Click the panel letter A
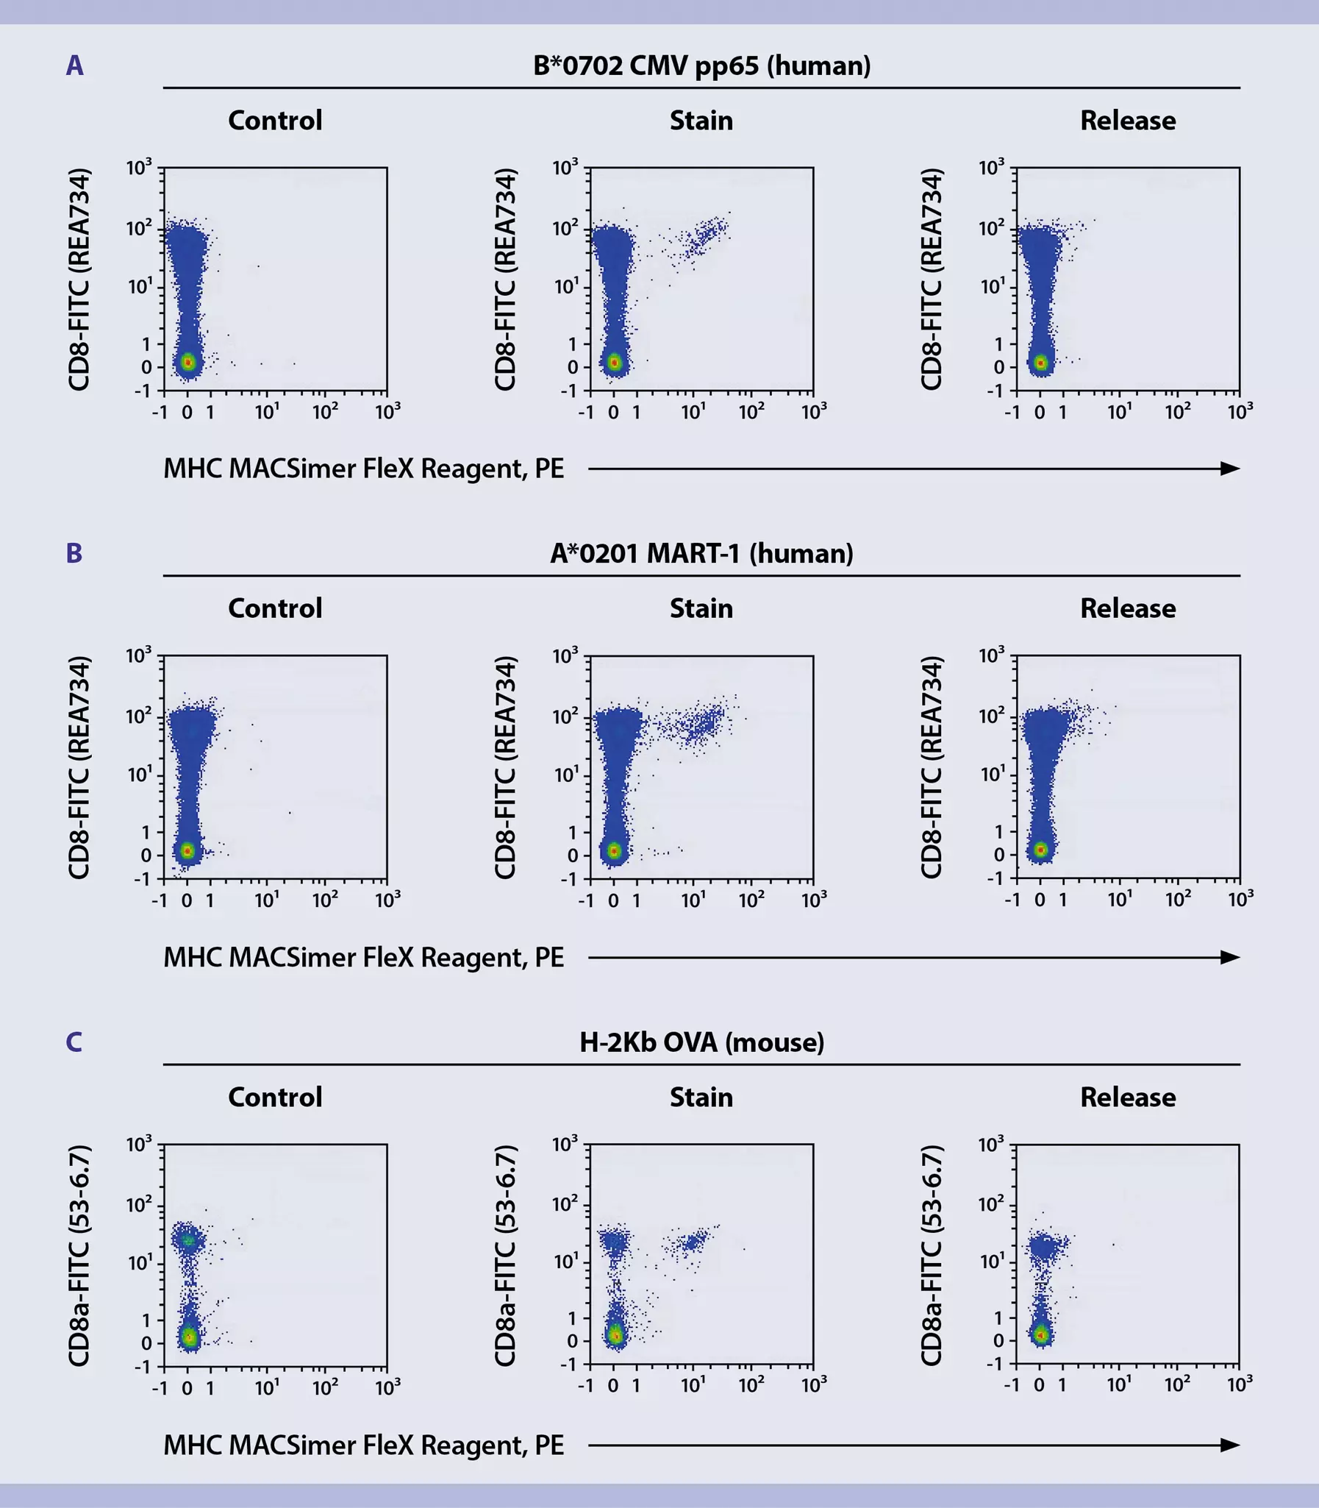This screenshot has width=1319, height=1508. click(74, 65)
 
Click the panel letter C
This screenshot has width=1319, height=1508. click(74, 1042)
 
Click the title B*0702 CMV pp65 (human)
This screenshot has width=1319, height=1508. click(701, 65)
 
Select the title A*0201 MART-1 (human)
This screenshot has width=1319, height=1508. click(701, 553)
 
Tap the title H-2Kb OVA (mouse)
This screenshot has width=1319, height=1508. click(701, 1042)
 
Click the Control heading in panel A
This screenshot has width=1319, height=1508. click(274, 120)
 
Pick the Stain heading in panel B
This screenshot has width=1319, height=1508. click(701, 608)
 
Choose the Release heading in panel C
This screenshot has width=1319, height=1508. click(1127, 1097)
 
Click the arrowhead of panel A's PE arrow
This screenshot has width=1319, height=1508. click(1230, 469)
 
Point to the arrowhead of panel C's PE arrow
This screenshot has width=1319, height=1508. click(1230, 1445)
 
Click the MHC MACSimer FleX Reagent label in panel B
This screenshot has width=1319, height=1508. click(364, 957)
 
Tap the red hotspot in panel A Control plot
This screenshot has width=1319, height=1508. click(188, 362)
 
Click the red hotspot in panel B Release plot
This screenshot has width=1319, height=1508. click(1041, 850)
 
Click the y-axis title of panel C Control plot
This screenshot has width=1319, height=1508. click(79, 1255)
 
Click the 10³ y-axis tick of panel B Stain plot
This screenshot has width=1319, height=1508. click(566, 655)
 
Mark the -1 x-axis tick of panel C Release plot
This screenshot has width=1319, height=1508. click(1012, 1385)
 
